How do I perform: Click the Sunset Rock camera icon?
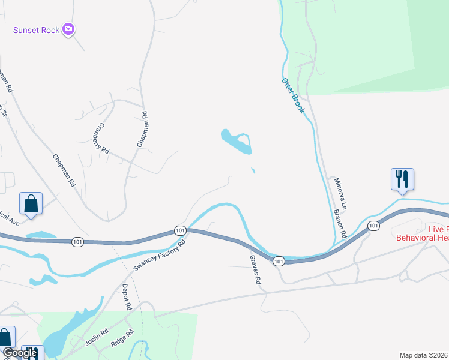point(68,29)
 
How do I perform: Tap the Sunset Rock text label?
point(37,29)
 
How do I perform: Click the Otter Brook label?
point(294,95)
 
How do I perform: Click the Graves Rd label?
point(256,269)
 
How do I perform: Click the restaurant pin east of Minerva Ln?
point(402,179)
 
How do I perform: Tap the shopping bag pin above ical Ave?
point(31,203)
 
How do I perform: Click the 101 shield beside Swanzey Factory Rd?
point(180,230)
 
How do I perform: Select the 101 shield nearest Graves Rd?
point(278,261)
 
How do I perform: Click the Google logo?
point(19,353)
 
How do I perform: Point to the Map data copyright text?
point(424,355)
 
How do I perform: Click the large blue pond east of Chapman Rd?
point(237,141)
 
